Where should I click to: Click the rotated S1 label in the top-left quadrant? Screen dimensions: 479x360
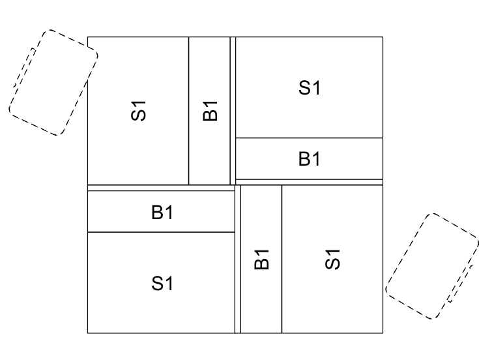point(138,111)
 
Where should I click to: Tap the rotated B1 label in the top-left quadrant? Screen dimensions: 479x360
point(210,111)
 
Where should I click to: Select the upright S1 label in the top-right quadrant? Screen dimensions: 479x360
point(310,87)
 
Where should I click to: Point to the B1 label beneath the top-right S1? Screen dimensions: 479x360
point(310,159)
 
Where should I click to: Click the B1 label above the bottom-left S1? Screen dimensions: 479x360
point(162,212)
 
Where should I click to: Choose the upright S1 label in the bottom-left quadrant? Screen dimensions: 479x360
point(162,283)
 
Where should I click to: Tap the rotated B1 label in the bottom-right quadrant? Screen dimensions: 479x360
point(261,260)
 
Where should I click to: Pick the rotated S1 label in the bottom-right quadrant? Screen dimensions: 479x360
point(332,260)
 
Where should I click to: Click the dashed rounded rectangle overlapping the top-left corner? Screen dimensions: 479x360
point(53,83)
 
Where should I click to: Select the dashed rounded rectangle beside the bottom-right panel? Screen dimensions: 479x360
point(432,266)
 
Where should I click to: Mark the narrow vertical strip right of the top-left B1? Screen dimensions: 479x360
point(233,111)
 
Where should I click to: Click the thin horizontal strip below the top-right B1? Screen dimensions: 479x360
point(309,182)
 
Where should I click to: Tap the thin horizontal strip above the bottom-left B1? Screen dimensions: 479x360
point(161,188)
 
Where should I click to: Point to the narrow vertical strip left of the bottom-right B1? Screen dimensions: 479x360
point(238,259)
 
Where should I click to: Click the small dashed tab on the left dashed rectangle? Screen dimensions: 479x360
point(25,67)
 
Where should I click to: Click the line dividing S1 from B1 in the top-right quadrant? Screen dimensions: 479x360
point(309,138)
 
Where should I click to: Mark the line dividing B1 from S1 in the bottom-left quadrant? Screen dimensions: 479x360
point(161,232)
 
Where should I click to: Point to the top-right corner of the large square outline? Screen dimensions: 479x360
point(383,37)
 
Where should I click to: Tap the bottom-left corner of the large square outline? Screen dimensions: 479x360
point(88,333)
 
